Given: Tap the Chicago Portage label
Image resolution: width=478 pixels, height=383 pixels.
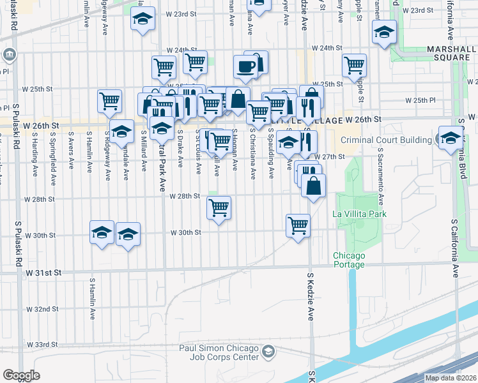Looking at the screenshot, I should coord(349,260).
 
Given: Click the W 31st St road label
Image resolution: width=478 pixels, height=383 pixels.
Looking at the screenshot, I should coord(43,273).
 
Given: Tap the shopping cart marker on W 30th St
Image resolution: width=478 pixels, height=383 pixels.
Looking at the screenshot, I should coord(298,225).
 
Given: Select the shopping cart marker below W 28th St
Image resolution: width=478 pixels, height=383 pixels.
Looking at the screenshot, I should coord(219,207).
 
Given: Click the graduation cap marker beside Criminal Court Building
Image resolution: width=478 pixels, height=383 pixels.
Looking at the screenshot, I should coord(450,136).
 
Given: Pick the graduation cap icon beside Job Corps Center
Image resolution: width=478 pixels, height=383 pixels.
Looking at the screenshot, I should coord(269,351).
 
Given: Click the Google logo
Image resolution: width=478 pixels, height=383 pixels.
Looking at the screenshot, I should coord(21,375).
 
